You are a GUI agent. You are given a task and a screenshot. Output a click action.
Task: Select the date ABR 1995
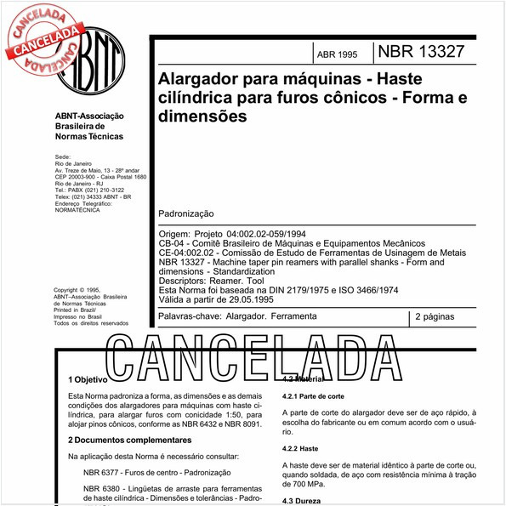[337, 54]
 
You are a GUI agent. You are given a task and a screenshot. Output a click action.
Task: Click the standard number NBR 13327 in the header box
[421, 51]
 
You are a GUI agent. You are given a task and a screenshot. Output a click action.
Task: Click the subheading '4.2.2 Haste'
[300, 447]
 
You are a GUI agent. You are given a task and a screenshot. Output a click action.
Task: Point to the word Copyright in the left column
[71, 289]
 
